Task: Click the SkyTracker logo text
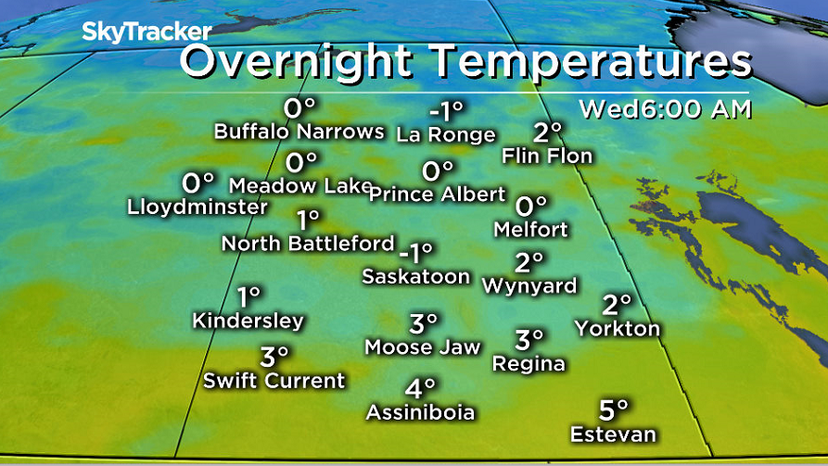pos(146,31)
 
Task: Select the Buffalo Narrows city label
pos(299,132)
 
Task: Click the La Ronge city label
pos(445,135)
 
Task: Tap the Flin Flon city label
pos(546,156)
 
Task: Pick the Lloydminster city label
pos(197,207)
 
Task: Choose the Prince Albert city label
pos(437,195)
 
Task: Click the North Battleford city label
pos(308,244)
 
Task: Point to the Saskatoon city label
pos(415,276)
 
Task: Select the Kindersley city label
pos(248,321)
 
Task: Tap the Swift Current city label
pos(274,380)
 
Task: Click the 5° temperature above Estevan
pos(613,409)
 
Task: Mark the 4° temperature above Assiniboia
pos(419,387)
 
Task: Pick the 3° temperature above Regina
pos(529,340)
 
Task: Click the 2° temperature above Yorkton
pos(617,304)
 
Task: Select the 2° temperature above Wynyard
pos(529,262)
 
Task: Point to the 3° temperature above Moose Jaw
pos(423,323)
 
